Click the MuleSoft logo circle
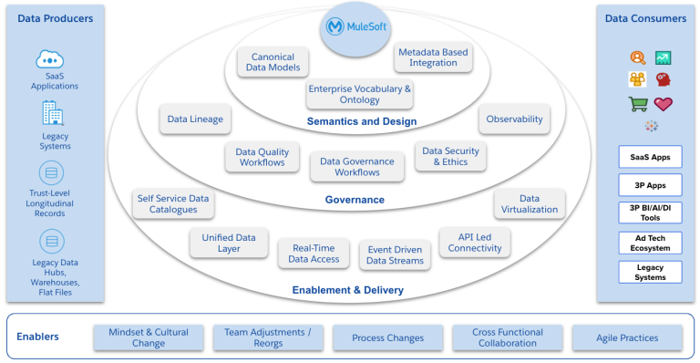pyautogui.click(x=355, y=27)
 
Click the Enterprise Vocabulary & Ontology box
pyautogui.click(x=359, y=95)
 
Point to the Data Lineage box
pyautogui.click(x=195, y=119)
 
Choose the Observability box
pyautogui.click(x=514, y=119)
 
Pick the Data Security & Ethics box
pyautogui.click(x=450, y=157)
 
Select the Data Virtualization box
pyautogui.click(x=529, y=203)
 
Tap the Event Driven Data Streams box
pyautogui.click(x=395, y=254)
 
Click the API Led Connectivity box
pyautogui.click(x=475, y=242)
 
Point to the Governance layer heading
pyautogui.click(x=355, y=200)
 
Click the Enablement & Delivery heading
pyautogui.click(x=347, y=290)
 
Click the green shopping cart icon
pyautogui.click(x=638, y=104)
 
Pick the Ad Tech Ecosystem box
pyautogui.click(x=650, y=242)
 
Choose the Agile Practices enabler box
pyautogui.click(x=627, y=338)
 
